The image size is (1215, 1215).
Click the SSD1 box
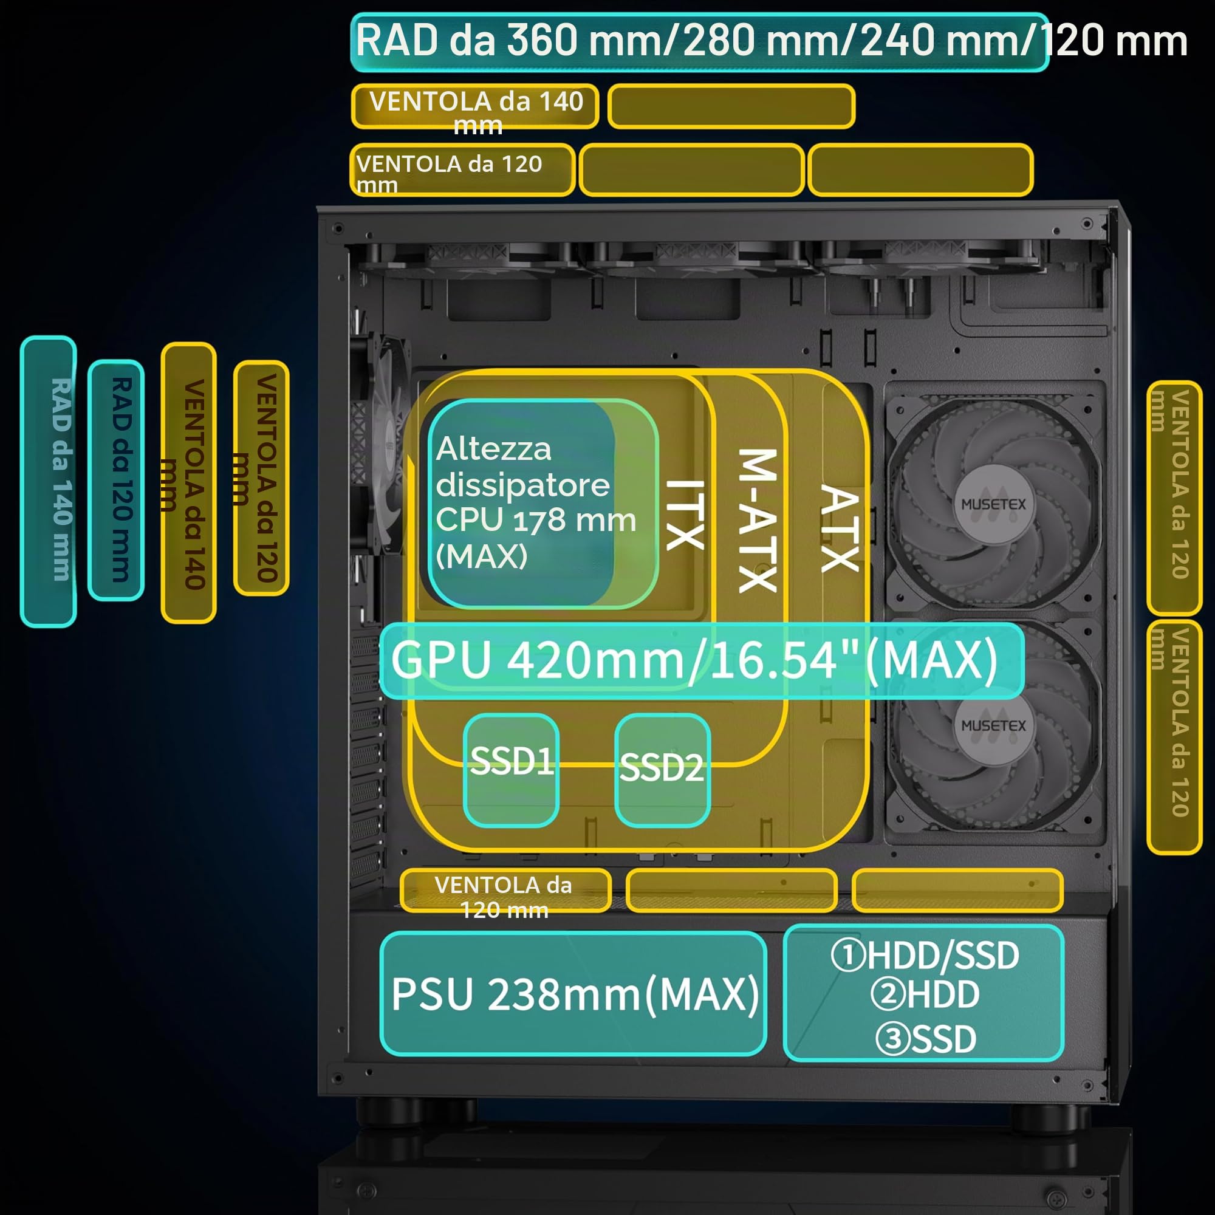511,770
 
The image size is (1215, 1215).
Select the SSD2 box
662,770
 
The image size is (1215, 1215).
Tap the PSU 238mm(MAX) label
573,994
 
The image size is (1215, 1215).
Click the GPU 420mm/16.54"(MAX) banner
702,660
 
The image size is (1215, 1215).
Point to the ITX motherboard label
685,515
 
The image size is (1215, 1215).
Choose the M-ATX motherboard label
758,521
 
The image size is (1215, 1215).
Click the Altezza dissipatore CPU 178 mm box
542,503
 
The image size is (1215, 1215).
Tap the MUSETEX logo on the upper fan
993,504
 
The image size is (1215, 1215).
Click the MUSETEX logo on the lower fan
993,726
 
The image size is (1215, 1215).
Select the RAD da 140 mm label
49,481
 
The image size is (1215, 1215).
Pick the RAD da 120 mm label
117,481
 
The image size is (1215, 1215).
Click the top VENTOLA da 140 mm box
475,106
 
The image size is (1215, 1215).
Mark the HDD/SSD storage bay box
924,993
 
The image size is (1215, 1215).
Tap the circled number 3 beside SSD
893,1039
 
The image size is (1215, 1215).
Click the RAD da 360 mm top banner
699,41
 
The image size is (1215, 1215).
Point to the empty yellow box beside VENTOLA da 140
731,106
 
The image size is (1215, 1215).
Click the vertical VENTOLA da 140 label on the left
189,483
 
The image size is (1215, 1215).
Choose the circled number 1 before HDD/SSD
847,954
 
